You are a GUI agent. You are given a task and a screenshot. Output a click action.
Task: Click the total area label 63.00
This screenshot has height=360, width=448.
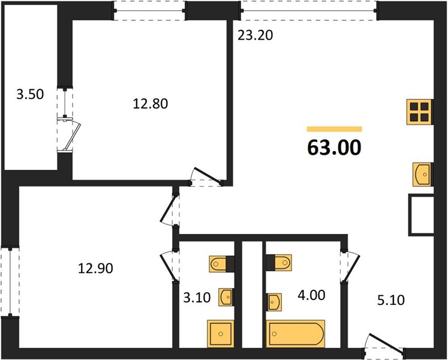coord(334,148)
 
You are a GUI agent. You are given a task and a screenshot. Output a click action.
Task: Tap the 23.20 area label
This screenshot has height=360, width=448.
coord(255,35)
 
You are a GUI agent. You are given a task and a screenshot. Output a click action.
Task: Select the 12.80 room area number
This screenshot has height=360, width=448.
coord(151,104)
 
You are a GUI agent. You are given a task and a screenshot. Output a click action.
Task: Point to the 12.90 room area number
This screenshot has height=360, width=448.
coord(95,268)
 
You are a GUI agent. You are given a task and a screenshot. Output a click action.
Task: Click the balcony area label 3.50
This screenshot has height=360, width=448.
coord(30,94)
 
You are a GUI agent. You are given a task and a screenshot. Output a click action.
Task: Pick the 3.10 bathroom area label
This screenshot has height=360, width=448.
coord(197,298)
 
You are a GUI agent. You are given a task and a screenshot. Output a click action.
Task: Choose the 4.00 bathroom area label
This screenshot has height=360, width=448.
coord(311,295)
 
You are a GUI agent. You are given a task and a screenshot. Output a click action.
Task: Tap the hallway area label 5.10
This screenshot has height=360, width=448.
coord(391,300)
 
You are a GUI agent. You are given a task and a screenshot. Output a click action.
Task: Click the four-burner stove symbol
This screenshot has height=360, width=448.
coord(420,112)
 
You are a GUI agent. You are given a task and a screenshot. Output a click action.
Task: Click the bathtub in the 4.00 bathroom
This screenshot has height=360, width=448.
coord(296,334)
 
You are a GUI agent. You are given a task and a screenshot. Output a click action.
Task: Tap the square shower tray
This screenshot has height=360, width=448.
coord(221,334)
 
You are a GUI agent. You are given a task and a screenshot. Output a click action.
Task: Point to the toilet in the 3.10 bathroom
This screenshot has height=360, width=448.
coord(222,263)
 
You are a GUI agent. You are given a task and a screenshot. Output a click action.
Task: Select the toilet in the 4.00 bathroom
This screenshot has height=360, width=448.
coord(279,262)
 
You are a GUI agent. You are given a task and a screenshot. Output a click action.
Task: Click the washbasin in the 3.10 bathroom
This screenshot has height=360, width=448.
coord(225,297)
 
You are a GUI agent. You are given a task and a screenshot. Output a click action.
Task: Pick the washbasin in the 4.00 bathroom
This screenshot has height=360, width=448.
coord(274,302)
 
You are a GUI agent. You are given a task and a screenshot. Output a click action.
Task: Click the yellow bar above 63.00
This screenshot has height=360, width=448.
coord(334,129)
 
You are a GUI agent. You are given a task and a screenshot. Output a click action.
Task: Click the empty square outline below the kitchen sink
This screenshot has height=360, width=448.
coord(421,215)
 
